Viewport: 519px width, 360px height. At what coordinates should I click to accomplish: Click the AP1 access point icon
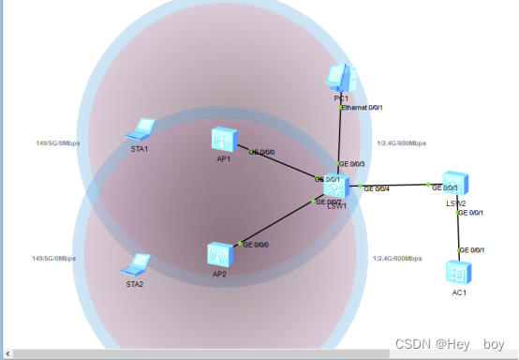pyautogui.click(x=223, y=141)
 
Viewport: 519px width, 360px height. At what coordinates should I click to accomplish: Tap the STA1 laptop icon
pyautogui.click(x=143, y=129)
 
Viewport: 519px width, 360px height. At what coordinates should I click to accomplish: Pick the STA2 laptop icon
pyautogui.click(x=138, y=264)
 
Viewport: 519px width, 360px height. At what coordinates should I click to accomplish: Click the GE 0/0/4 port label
pyautogui.click(x=376, y=188)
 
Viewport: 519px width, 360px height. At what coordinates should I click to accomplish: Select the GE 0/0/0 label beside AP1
pyautogui.click(x=262, y=151)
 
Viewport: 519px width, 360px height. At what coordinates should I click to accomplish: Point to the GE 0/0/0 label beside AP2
pyautogui.click(x=257, y=244)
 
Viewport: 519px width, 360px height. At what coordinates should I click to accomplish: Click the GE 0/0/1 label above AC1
pyautogui.click(x=471, y=249)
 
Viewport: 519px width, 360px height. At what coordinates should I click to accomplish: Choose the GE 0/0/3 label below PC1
pyautogui.click(x=351, y=164)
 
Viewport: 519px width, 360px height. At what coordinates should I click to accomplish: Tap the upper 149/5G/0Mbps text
pyautogui.click(x=57, y=143)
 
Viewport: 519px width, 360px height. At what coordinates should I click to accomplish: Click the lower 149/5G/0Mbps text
pyautogui.click(x=54, y=258)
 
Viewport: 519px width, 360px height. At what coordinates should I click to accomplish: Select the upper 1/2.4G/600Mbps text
pyautogui.click(x=401, y=143)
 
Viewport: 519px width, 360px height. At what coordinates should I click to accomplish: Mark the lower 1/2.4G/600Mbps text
pyautogui.click(x=397, y=258)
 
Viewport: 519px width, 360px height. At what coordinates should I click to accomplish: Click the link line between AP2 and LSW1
pyautogui.click(x=276, y=221)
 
